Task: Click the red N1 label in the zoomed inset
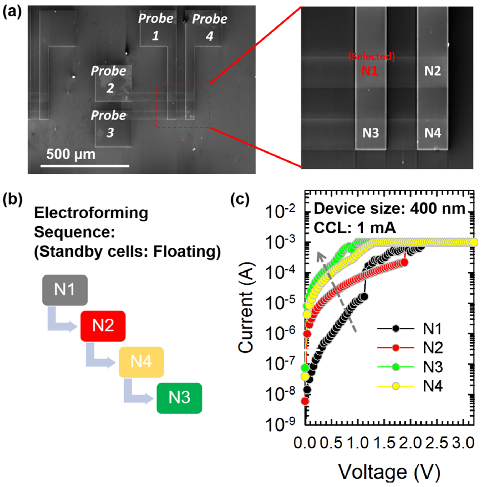coord(370,71)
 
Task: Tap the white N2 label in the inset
coord(433,71)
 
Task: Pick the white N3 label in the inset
coord(371,133)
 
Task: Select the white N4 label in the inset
coord(433,133)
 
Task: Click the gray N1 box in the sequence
coord(65,290)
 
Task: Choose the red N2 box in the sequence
coord(103,326)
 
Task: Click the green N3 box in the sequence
coord(179,398)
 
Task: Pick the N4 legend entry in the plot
coord(410,386)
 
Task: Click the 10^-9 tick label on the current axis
coord(280,424)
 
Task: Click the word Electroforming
coord(91,213)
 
